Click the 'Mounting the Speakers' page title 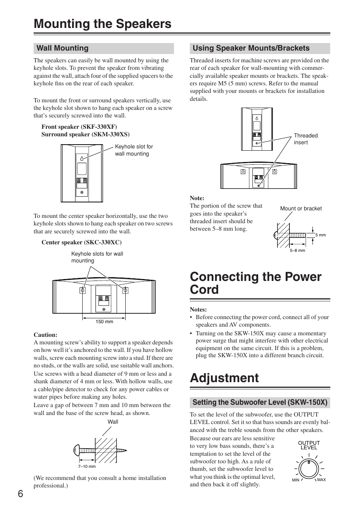click(x=102, y=24)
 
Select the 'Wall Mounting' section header click(x=62, y=48)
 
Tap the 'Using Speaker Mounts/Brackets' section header click(x=251, y=48)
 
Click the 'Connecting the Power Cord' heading click(x=255, y=283)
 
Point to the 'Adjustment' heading click(x=224, y=378)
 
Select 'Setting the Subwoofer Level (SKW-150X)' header click(x=260, y=403)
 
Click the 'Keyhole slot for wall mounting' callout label click(x=134, y=150)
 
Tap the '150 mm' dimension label click(x=104, y=322)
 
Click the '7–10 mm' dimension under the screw click(x=87, y=466)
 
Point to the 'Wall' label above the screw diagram click(x=113, y=422)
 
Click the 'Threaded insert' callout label click(x=306, y=139)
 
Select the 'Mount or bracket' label click(x=301, y=208)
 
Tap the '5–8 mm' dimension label click(x=297, y=250)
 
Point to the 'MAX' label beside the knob click(x=321, y=480)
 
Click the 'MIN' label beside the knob click(x=295, y=480)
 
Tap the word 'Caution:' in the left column click(x=45, y=335)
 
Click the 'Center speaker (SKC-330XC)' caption click(x=82, y=242)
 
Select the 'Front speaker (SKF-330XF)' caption click(x=79, y=127)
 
